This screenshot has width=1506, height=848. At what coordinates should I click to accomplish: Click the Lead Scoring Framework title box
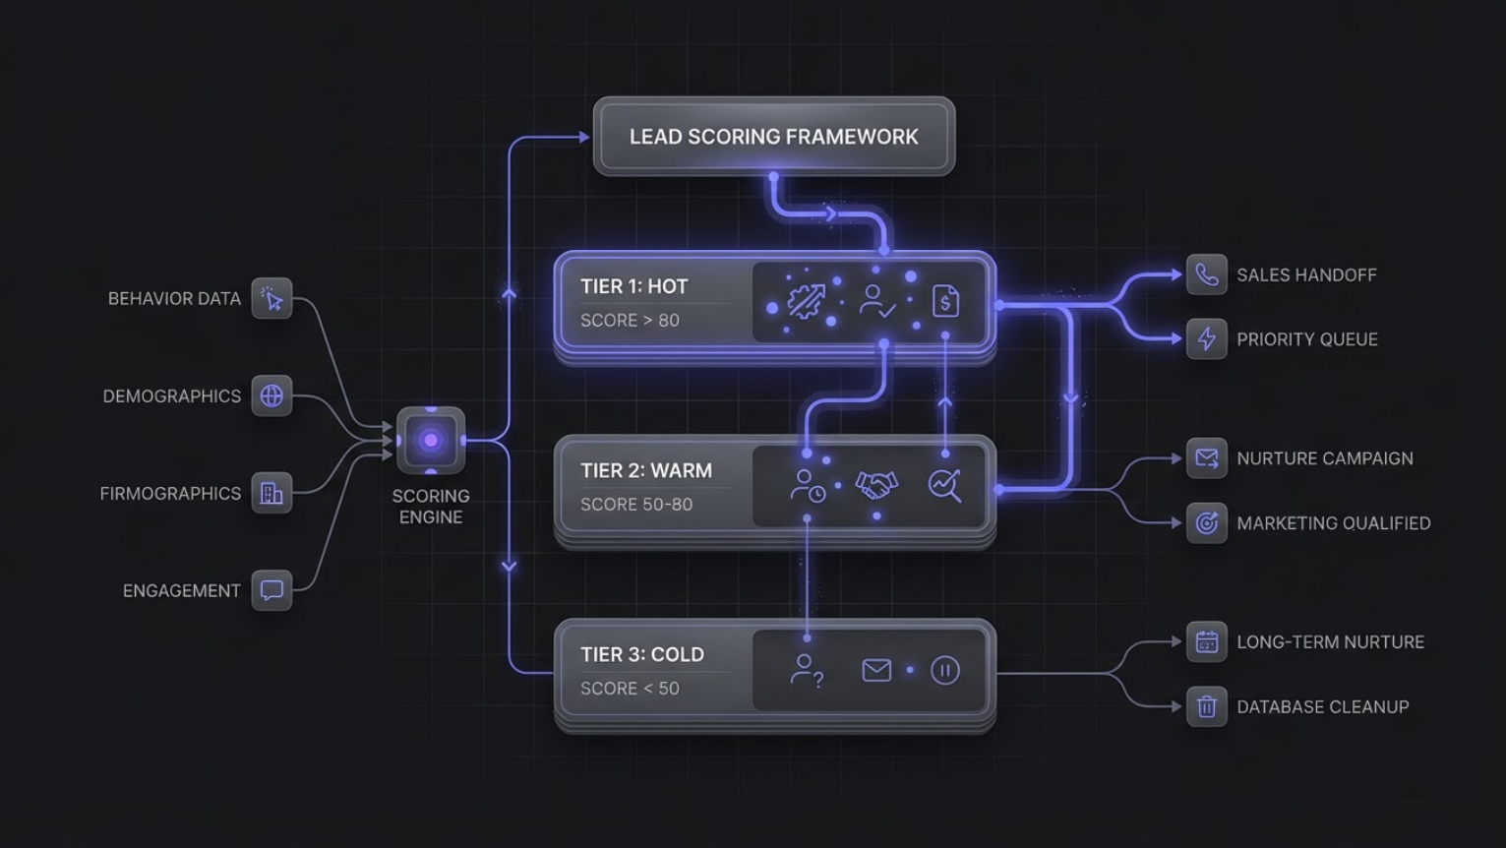pyautogui.click(x=774, y=137)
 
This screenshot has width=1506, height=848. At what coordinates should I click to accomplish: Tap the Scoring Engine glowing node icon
pyautogui.click(x=431, y=441)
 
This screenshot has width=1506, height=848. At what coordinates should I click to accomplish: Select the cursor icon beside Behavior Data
pyautogui.click(x=271, y=299)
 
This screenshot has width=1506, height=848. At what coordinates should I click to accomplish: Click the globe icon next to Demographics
pyautogui.click(x=271, y=396)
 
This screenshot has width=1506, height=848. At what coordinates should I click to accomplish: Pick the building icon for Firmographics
pyautogui.click(x=271, y=493)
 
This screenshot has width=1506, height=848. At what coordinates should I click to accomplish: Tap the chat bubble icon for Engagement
pyautogui.click(x=271, y=590)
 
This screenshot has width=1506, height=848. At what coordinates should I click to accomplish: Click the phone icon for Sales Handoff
pyautogui.click(x=1207, y=274)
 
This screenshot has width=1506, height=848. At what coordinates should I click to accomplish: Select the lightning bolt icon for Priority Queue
pyautogui.click(x=1207, y=339)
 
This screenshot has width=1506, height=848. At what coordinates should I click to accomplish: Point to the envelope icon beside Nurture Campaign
pyautogui.click(x=1207, y=458)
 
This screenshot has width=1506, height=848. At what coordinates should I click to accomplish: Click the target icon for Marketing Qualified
pyautogui.click(x=1207, y=523)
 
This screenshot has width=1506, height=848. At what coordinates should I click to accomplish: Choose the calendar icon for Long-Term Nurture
pyautogui.click(x=1207, y=642)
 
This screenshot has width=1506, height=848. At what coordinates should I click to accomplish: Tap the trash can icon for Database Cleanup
pyautogui.click(x=1207, y=706)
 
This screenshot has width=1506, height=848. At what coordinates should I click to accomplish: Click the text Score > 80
pyautogui.click(x=630, y=321)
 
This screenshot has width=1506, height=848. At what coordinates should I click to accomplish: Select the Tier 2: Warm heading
pyautogui.click(x=646, y=471)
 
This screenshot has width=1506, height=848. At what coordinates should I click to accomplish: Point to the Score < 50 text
pyautogui.click(x=630, y=689)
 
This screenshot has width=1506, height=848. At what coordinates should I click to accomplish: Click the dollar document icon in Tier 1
pyautogui.click(x=945, y=301)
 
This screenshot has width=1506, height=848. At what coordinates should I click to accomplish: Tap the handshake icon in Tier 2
pyautogui.click(x=876, y=485)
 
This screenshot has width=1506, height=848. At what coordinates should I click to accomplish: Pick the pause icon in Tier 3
pyautogui.click(x=944, y=671)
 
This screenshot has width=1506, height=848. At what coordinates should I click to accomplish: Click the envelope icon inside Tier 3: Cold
pyautogui.click(x=876, y=671)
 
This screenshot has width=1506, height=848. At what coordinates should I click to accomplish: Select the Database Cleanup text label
pyautogui.click(x=1323, y=706)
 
